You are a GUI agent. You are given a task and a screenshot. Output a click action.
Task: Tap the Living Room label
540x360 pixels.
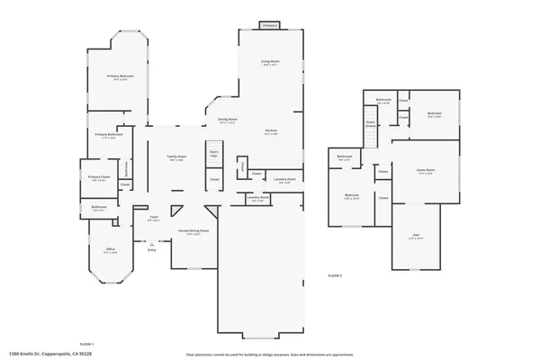coord(270,62)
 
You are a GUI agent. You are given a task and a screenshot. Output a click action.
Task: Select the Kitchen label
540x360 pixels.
coord(270,131)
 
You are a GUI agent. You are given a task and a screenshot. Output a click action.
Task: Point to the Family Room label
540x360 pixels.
coord(176,157)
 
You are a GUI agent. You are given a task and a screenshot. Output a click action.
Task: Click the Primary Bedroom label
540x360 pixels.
coord(121,76)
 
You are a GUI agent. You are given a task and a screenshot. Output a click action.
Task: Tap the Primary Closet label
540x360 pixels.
coord(99,178)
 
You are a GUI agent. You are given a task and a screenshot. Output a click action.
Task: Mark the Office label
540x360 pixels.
coord(110,249)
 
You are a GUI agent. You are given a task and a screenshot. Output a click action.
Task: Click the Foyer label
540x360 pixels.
coord(154,218)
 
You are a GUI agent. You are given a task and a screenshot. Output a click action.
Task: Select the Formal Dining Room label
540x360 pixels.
coord(192,230)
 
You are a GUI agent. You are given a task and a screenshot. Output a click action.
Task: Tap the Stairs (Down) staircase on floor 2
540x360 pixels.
coord(370,124)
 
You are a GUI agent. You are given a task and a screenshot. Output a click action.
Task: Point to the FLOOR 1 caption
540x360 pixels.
coord(87,345)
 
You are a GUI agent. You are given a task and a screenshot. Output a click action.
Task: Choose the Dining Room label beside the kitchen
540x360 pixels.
coord(227,120)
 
